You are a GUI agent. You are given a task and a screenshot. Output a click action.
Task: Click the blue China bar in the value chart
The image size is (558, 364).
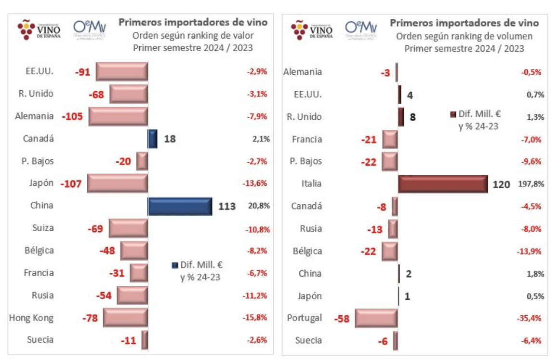pos(180,206)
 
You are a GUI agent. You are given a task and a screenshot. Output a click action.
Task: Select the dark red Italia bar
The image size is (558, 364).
pos(443,184)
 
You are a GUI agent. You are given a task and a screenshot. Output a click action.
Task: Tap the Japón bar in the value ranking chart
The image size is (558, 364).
pos(117,183)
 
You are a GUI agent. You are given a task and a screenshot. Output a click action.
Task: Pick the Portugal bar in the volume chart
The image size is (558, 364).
pos(376,318)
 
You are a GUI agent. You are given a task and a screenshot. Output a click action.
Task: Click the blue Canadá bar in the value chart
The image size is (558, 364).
pos(152,139)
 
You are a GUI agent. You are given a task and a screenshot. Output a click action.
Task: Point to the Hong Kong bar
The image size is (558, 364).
pos(125,318)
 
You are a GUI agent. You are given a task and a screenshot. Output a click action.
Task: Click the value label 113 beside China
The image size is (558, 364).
pos(227,206)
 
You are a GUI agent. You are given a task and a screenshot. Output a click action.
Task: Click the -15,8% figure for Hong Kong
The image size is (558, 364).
pos(257,318)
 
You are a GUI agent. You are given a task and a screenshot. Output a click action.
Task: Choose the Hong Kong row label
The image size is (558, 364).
pos(31,318)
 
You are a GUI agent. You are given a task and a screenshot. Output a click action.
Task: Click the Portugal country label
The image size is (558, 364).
pos(304,318)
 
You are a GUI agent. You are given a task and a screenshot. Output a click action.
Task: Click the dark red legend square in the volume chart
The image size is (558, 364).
pos(452,114)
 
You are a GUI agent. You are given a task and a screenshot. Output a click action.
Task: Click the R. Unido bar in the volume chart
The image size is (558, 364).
pos(401,117)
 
